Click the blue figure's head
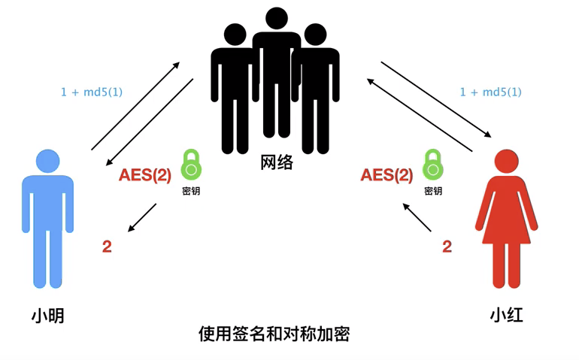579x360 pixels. click(47, 160)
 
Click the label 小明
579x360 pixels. click(47, 316)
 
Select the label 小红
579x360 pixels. click(506, 316)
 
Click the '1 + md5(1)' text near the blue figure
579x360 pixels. click(92, 92)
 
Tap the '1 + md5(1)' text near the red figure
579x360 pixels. click(490, 92)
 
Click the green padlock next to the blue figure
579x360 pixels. click(191, 165)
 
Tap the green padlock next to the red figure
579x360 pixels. click(432, 165)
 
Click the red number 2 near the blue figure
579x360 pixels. click(107, 246)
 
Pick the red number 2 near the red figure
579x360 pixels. click(447, 246)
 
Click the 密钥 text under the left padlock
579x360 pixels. click(191, 191)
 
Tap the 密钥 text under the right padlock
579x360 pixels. click(432, 191)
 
